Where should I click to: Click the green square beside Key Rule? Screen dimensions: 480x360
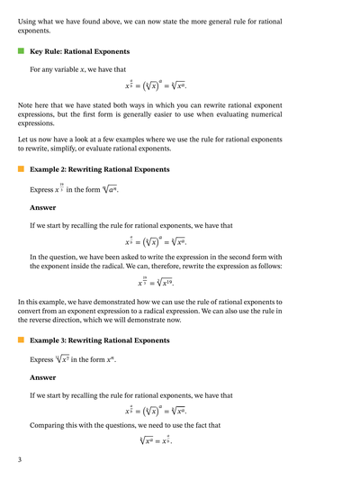[21, 52]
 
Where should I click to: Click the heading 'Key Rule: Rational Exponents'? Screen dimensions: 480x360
[79, 52]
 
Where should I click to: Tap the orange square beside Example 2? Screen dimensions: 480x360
[21, 168]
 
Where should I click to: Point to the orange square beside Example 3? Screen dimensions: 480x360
[21, 340]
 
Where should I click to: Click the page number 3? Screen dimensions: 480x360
[20, 460]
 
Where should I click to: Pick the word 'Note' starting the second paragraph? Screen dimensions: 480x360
[27, 106]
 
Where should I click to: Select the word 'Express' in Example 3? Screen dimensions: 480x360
[42, 359]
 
